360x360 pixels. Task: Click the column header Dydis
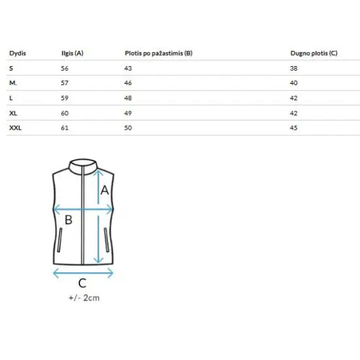click(x=18, y=54)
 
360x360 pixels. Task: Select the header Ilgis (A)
click(x=72, y=53)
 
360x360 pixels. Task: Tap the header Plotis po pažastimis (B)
click(x=158, y=53)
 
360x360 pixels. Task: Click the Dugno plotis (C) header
click(x=314, y=53)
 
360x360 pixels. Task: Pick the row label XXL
click(x=16, y=128)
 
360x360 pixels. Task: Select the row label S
click(x=11, y=68)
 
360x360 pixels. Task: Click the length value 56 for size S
click(x=65, y=68)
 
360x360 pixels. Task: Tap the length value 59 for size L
click(x=65, y=98)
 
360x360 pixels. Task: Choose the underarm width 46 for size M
click(x=128, y=83)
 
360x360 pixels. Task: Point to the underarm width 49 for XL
click(x=128, y=113)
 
